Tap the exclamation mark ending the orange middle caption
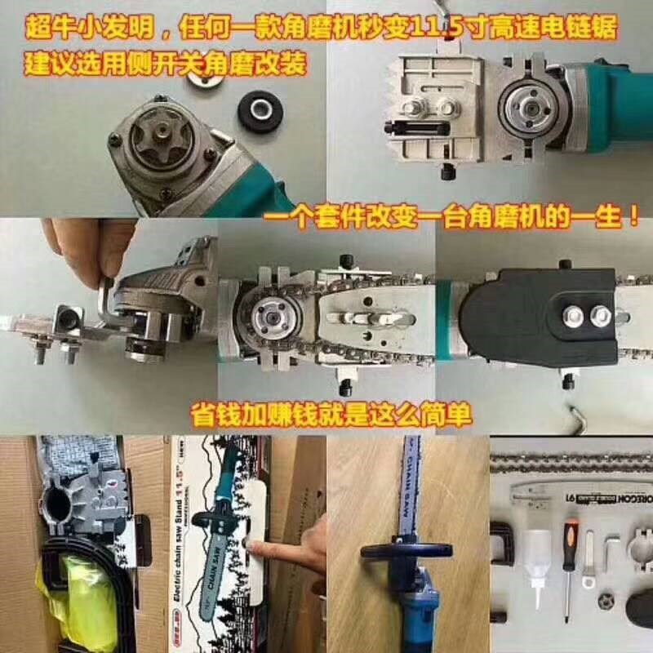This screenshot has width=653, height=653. click(630, 219)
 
